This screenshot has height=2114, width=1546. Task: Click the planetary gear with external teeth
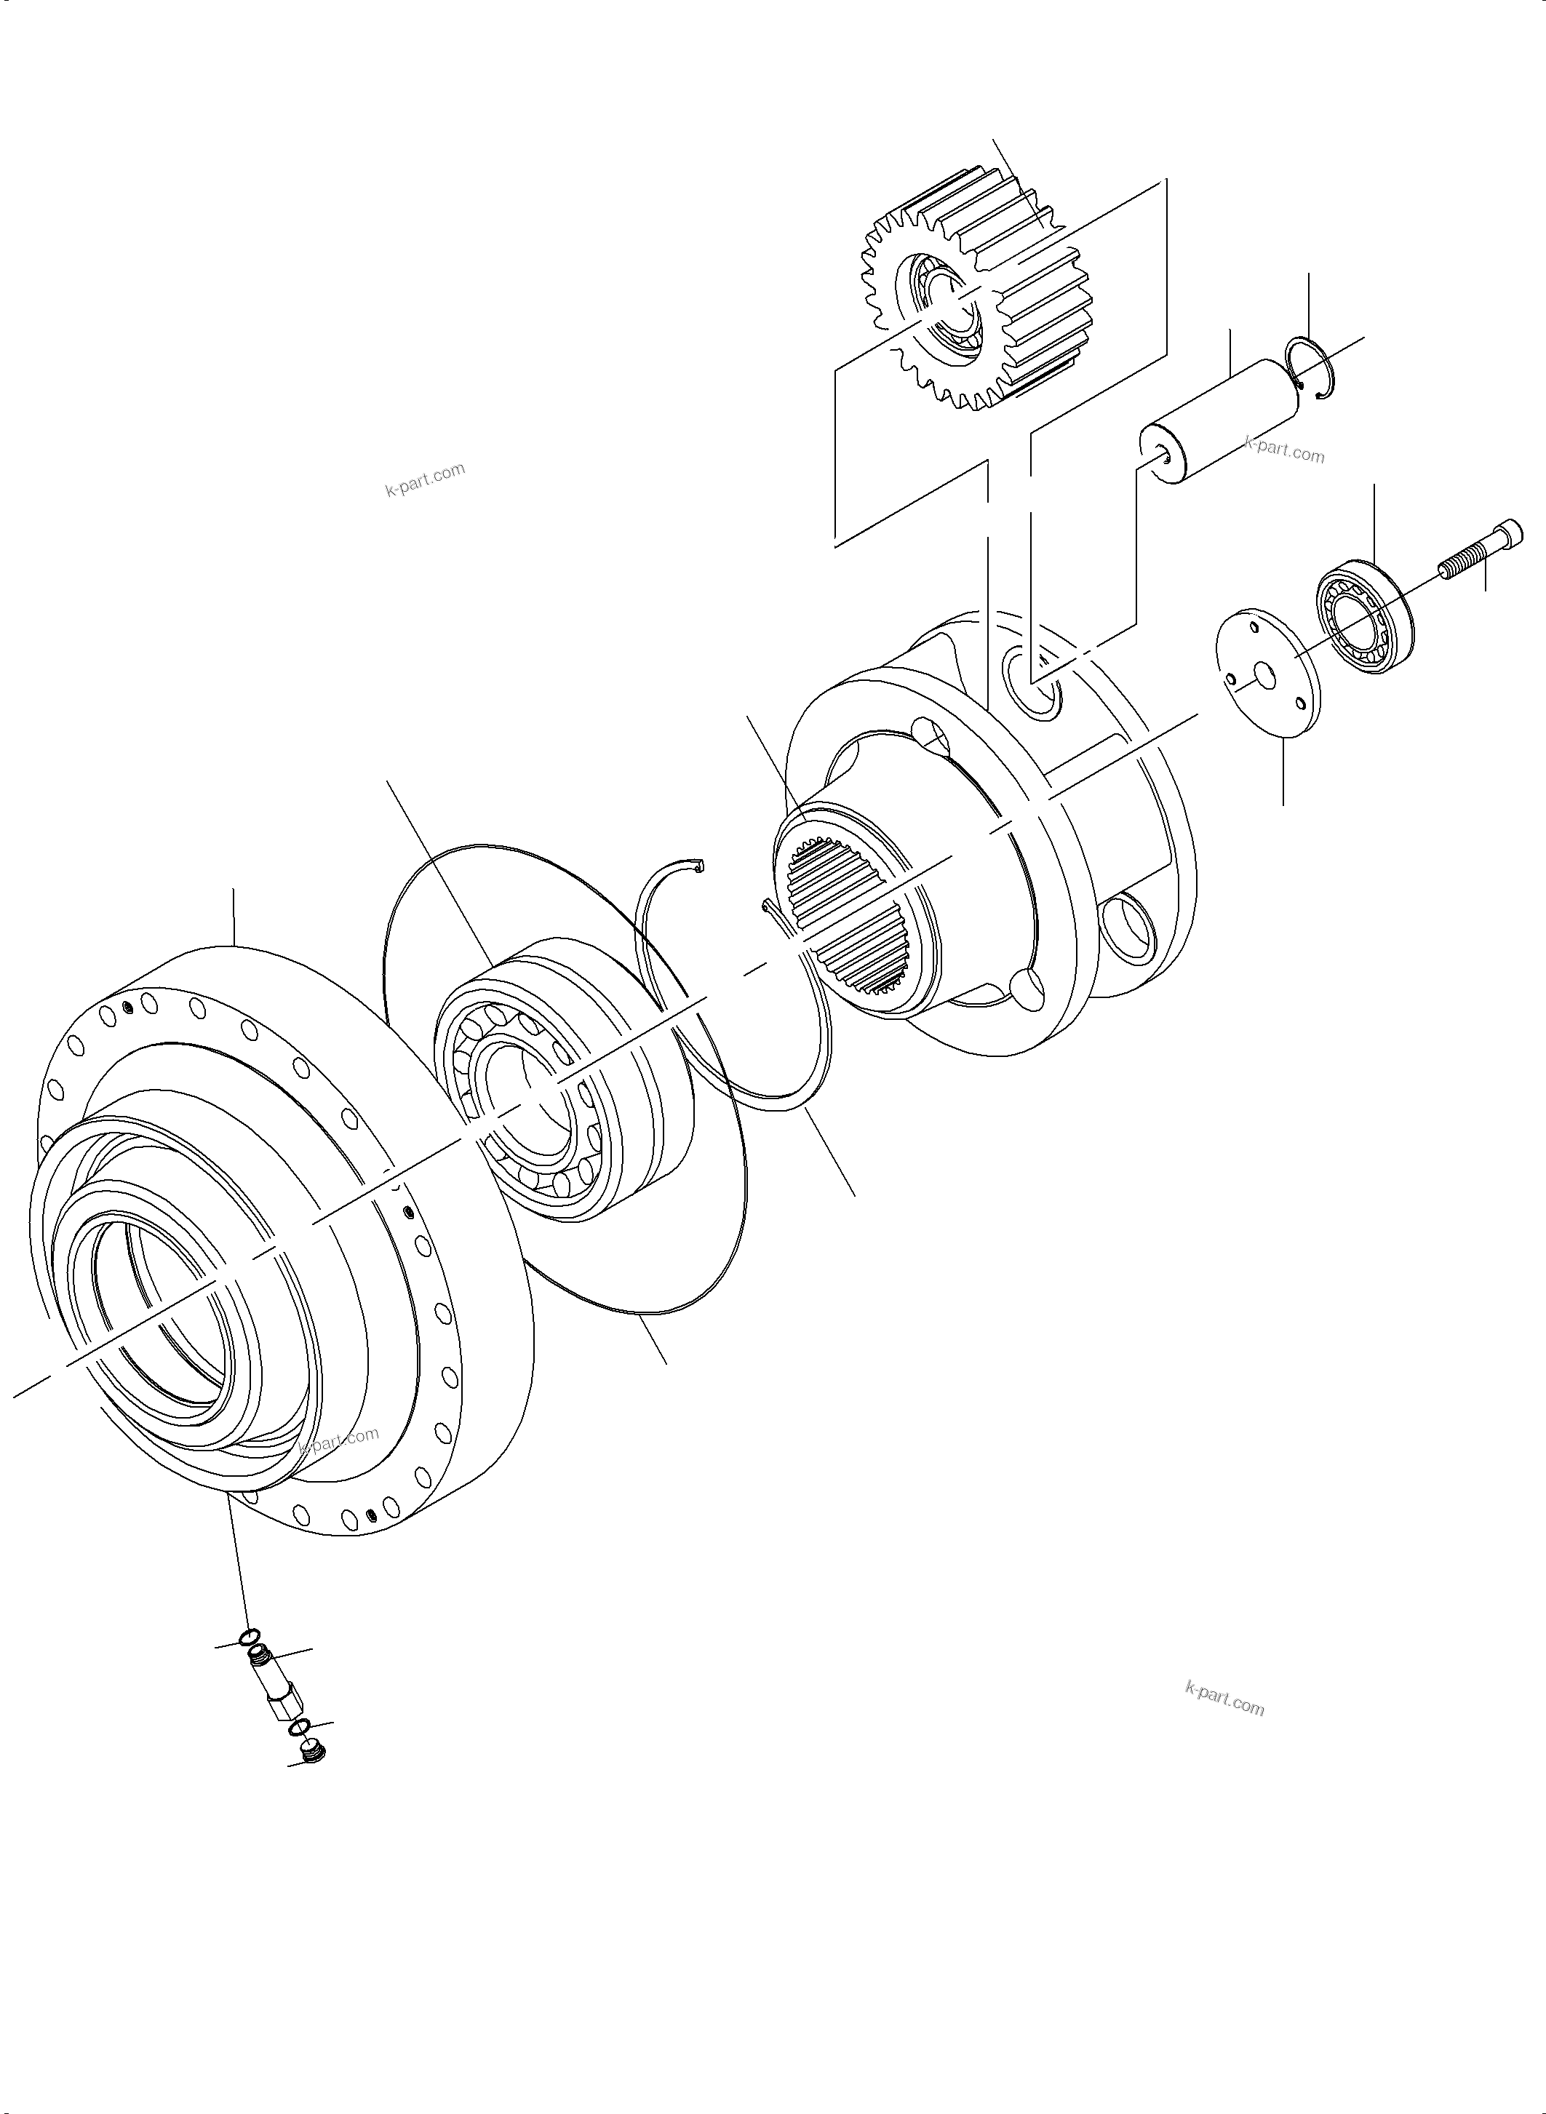[x=1011, y=281]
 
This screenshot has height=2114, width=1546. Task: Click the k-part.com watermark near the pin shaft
[x=1284, y=450]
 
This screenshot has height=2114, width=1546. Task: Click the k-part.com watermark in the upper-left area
[x=425, y=479]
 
